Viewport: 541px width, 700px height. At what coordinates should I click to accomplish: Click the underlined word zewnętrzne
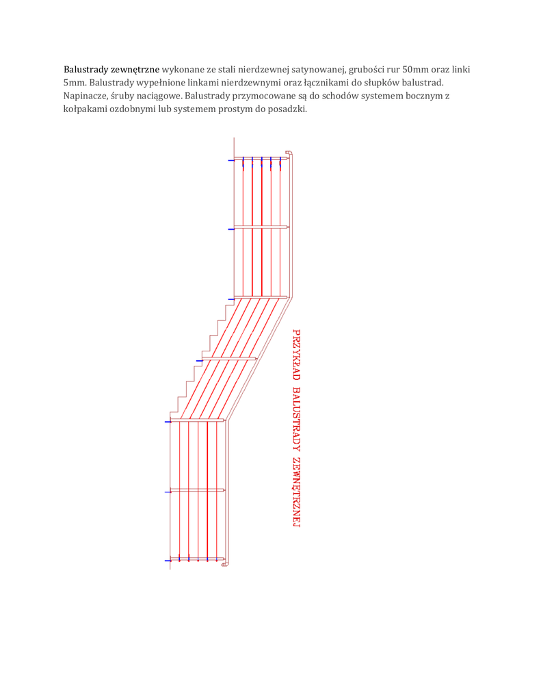(135, 70)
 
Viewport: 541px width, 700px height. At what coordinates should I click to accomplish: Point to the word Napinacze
(85, 96)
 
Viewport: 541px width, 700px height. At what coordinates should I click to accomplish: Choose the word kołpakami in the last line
(85, 109)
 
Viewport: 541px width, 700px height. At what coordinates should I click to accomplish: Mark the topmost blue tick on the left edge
(231, 161)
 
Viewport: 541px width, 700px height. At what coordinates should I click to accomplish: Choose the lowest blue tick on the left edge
(168, 561)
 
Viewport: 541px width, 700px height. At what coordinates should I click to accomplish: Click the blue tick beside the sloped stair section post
(200, 360)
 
